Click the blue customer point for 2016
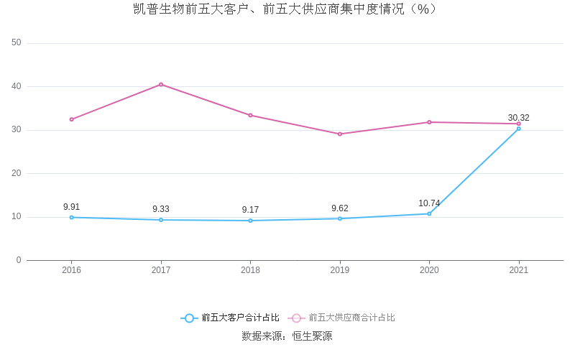tap(72, 217)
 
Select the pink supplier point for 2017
tap(161, 85)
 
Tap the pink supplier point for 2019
tap(340, 134)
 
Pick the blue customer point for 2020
tap(429, 213)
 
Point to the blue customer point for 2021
tap(518, 129)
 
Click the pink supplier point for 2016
tap(72, 119)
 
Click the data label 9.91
tap(72, 207)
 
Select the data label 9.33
tap(161, 209)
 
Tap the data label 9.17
tap(250, 210)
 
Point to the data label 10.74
tap(429, 203)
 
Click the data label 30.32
tap(518, 118)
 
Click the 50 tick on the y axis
tap(17, 43)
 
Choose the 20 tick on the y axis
tap(17, 173)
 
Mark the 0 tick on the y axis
tap(19, 260)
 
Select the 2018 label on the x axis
tap(250, 271)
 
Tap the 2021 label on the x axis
tap(518, 271)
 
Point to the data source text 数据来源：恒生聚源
tap(287, 336)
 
